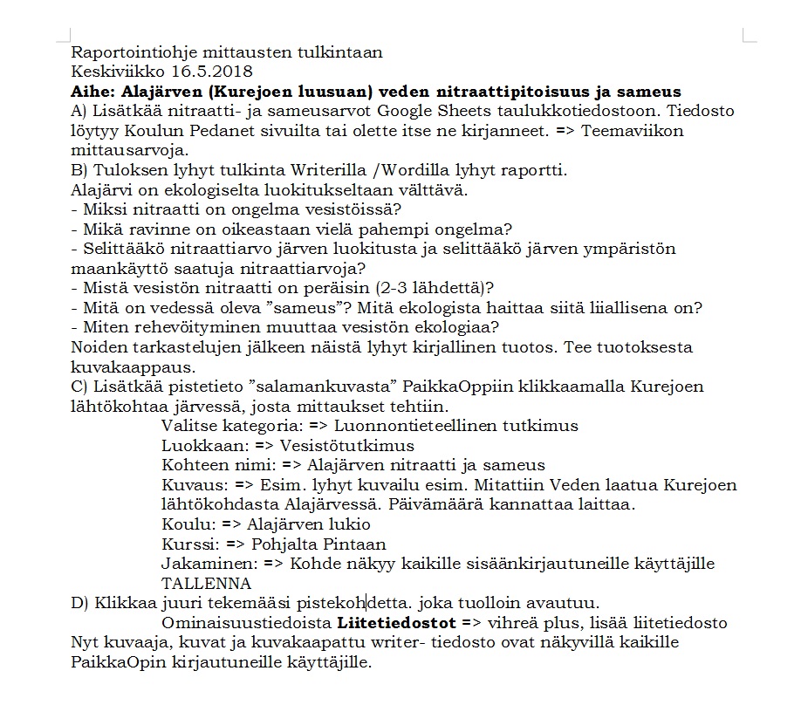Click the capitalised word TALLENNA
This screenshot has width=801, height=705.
(x=206, y=584)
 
